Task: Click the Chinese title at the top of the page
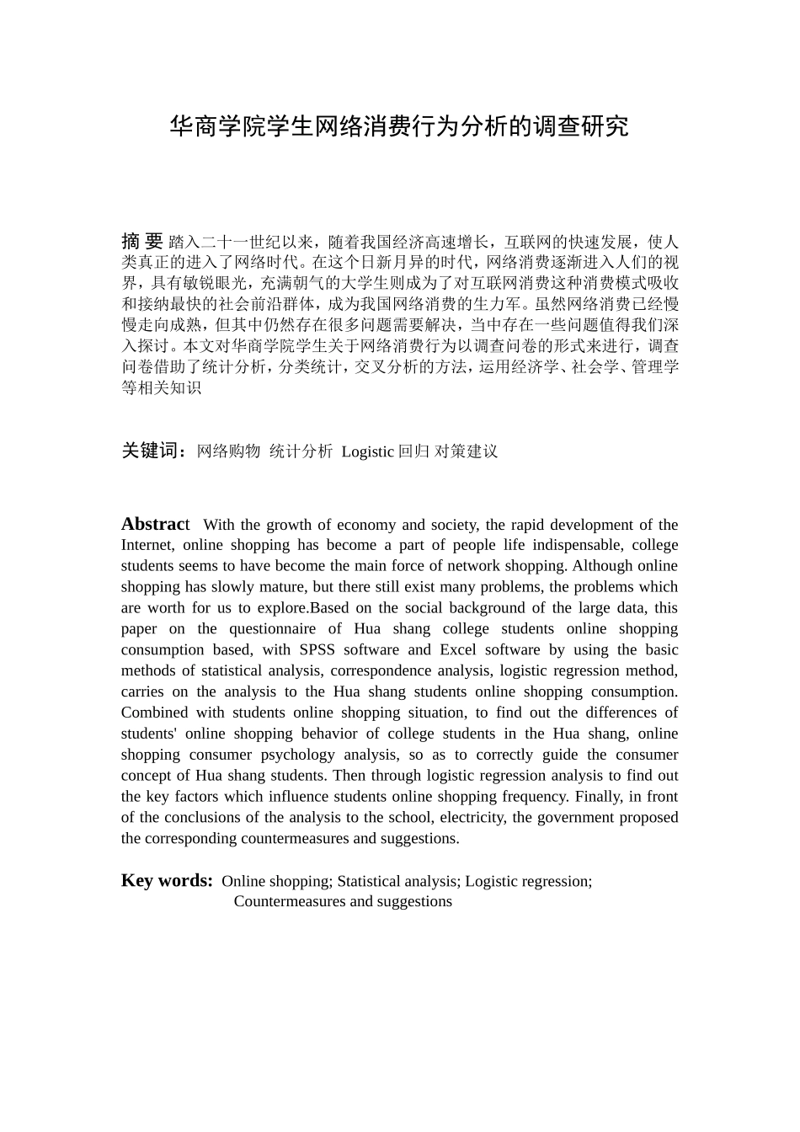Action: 399,127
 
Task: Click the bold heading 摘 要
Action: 141,241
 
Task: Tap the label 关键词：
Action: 155,451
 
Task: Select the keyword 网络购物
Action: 228,451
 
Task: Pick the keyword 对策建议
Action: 466,451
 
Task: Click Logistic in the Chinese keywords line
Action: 367,451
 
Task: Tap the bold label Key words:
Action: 167,880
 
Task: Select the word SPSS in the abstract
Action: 317,649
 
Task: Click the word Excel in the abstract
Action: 458,649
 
